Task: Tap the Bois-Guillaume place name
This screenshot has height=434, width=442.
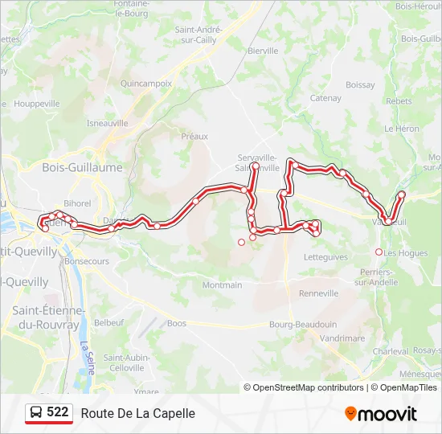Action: click(x=83, y=167)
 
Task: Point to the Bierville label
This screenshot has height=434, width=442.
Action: click(x=263, y=51)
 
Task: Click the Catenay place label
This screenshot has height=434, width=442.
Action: click(x=325, y=99)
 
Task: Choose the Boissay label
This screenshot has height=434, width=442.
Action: click(x=360, y=84)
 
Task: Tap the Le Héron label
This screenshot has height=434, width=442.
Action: click(x=402, y=129)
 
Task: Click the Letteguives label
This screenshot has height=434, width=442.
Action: click(x=326, y=257)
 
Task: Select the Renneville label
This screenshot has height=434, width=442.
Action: click(x=318, y=293)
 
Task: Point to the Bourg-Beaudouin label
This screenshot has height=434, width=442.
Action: click(x=302, y=324)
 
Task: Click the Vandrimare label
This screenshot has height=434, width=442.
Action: click(x=342, y=339)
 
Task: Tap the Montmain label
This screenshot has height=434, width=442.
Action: click(x=222, y=285)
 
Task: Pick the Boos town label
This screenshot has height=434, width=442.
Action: click(x=177, y=324)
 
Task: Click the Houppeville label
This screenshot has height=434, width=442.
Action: click(x=37, y=104)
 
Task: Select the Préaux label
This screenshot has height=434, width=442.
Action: click(x=194, y=137)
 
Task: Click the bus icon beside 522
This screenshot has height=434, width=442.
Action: click(x=36, y=413)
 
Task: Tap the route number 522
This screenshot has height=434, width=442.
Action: click(x=58, y=412)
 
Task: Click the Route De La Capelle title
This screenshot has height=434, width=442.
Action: click(x=138, y=413)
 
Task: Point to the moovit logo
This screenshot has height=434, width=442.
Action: click(x=381, y=413)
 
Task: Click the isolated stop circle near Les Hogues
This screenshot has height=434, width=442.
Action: click(x=379, y=252)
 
